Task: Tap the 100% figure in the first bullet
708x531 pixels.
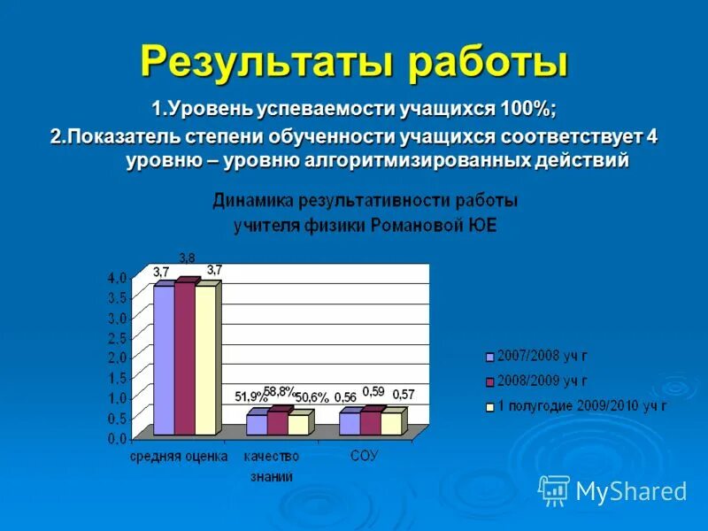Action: pyautogui.click(x=528, y=109)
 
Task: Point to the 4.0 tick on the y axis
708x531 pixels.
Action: pyautogui.click(x=117, y=278)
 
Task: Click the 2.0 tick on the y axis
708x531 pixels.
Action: pyautogui.click(x=117, y=358)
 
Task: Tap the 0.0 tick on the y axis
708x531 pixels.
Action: pyautogui.click(x=117, y=438)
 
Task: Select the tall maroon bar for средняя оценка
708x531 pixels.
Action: pyautogui.click(x=184, y=358)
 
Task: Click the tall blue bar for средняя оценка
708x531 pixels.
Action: pyautogui.click(x=164, y=361)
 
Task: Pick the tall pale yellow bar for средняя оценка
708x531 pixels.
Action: pyautogui.click(x=205, y=361)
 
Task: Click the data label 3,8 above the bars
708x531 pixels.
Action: pyautogui.click(x=187, y=258)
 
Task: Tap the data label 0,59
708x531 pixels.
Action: pyautogui.click(x=373, y=391)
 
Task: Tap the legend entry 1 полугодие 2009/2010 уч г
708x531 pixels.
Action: pyautogui.click(x=581, y=405)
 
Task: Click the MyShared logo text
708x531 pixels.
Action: pyautogui.click(x=630, y=490)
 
